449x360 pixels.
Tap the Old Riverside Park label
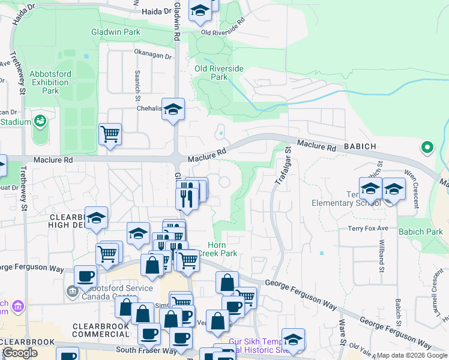coord(219,73)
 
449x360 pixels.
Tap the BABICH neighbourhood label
coord(360,146)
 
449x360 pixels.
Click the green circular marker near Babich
coord(427,146)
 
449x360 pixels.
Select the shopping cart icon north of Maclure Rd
coord(110,133)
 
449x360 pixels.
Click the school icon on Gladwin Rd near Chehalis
coord(173,109)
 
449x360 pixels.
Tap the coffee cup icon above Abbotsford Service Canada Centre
coord(85,276)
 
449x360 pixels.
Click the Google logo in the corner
coord(20,353)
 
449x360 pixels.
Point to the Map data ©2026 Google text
coord(412,355)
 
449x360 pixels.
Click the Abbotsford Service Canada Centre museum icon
coord(71,292)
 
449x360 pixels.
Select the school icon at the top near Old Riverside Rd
coord(200,10)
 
